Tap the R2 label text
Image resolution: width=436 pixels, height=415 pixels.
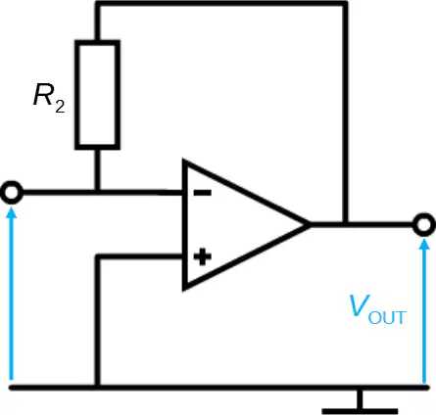click(49, 98)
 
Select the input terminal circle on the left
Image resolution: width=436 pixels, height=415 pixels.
click(12, 193)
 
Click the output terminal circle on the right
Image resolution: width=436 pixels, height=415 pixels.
click(424, 225)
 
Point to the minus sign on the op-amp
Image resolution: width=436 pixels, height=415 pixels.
click(203, 193)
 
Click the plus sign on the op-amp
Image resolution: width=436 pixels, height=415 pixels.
click(203, 256)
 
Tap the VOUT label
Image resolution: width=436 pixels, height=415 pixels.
click(377, 309)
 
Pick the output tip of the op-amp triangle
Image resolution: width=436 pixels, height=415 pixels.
click(310, 225)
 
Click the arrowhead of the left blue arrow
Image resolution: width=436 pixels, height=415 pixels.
click(12, 211)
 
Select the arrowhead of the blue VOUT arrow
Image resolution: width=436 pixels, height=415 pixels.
click(424, 244)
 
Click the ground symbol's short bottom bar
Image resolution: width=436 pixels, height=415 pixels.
click(360, 411)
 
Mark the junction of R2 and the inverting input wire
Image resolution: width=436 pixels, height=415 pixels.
click(97, 193)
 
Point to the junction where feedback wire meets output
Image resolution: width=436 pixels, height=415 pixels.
click(345, 225)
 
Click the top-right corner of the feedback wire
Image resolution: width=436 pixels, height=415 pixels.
click(345, 4)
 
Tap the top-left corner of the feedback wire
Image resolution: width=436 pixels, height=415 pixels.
click(97, 4)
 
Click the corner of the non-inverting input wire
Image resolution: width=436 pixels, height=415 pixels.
click(97, 257)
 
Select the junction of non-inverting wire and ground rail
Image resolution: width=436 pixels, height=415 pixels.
click(97, 388)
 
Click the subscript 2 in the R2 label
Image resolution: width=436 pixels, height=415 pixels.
click(60, 107)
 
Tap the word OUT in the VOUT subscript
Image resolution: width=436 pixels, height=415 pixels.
click(387, 317)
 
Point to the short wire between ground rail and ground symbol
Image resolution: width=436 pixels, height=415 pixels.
click(360, 399)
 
